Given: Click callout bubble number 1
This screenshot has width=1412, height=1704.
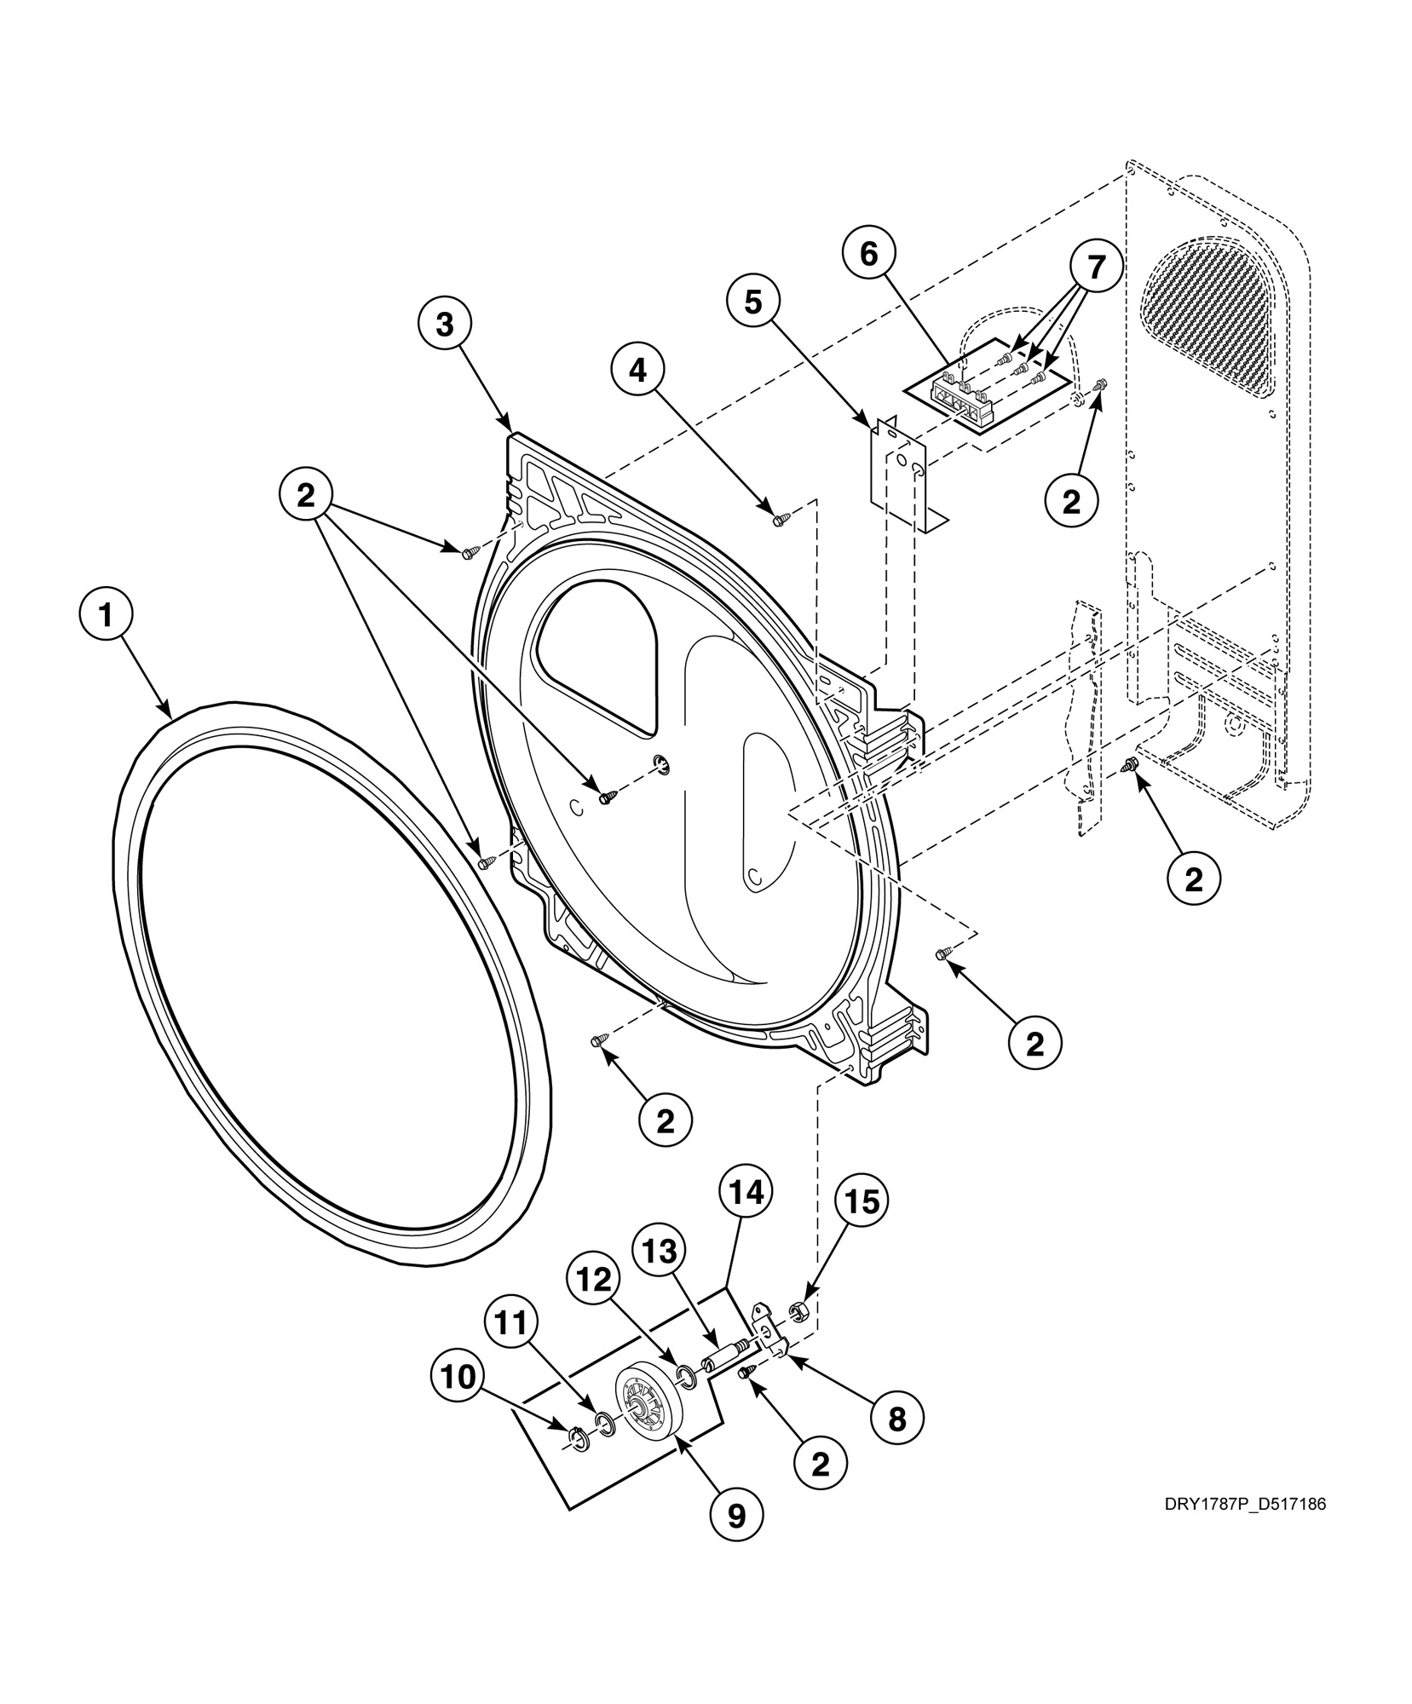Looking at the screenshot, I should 107,616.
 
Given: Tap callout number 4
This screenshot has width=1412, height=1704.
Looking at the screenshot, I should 637,372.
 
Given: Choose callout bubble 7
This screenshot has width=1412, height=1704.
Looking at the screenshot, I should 1094,268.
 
